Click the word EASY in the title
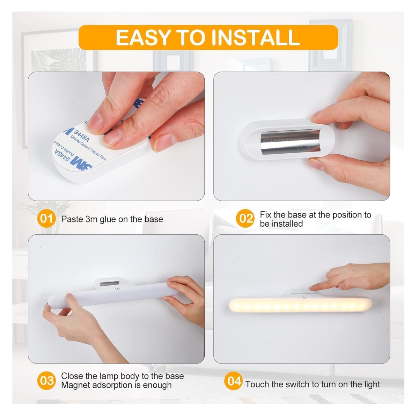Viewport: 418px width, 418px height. [143, 38]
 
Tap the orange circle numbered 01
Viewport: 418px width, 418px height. [46, 219]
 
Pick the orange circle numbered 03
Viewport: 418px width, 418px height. [46, 380]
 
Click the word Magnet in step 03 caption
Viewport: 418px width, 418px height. [75, 385]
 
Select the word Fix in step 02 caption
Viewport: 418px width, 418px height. [266, 214]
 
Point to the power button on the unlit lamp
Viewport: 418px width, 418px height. [117, 288]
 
